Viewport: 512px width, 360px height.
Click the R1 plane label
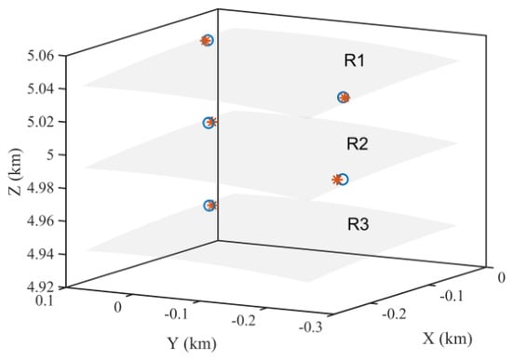(355, 61)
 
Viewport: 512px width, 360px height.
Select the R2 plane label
(357, 144)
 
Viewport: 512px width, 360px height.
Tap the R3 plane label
(358, 224)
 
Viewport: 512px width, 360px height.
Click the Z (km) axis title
(16, 172)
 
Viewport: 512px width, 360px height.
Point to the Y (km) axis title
(192, 343)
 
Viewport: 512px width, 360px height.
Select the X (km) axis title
(448, 340)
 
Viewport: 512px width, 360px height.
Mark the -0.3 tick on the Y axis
(311, 327)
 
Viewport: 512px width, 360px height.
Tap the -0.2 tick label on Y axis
(244, 321)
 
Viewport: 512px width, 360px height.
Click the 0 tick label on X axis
(502, 278)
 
